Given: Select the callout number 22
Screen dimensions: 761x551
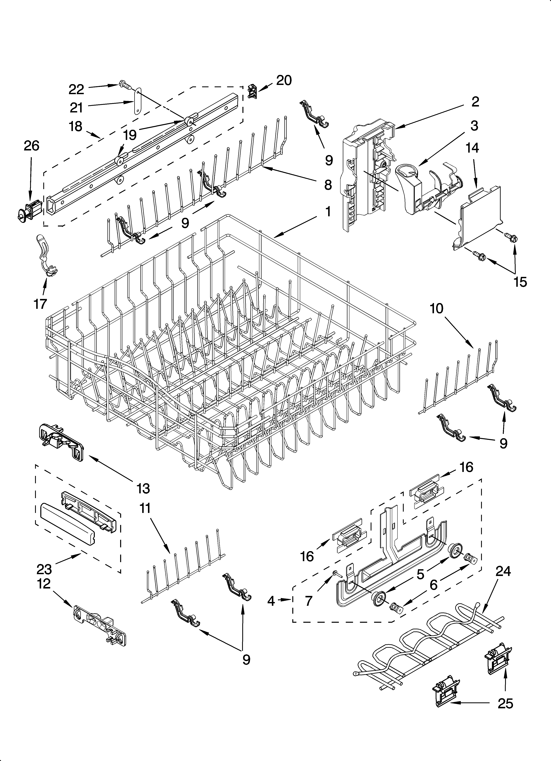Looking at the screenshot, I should [76, 89].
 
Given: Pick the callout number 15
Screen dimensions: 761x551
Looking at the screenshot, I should [520, 282].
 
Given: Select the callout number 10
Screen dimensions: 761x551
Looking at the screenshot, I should [437, 308].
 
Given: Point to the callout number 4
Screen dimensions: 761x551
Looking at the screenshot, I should [271, 601].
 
